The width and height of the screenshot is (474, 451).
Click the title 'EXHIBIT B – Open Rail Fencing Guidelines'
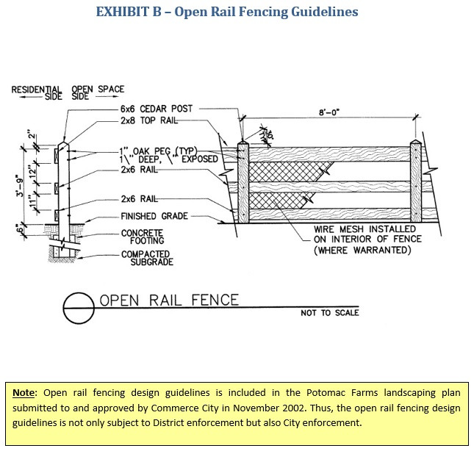(x=237, y=12)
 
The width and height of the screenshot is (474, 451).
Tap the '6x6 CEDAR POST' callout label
(x=157, y=109)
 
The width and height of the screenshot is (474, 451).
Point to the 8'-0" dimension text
(x=328, y=113)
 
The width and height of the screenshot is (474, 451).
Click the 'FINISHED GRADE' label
(x=154, y=217)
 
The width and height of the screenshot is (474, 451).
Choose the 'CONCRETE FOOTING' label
(x=143, y=236)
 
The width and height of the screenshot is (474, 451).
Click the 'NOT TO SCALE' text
(x=330, y=313)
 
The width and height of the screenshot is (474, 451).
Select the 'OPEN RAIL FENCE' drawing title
(x=169, y=300)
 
